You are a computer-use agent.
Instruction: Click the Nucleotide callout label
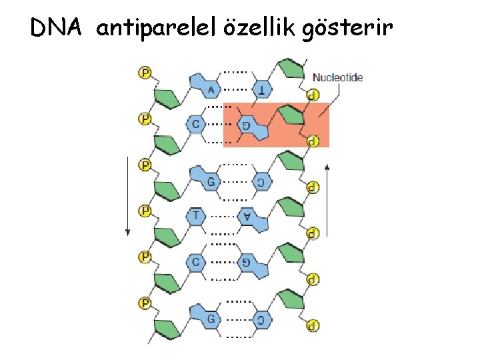(x=338, y=77)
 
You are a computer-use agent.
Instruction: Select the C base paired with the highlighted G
(x=196, y=125)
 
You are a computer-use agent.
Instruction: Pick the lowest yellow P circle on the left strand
(x=145, y=303)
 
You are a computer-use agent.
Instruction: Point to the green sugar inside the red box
(x=290, y=115)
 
